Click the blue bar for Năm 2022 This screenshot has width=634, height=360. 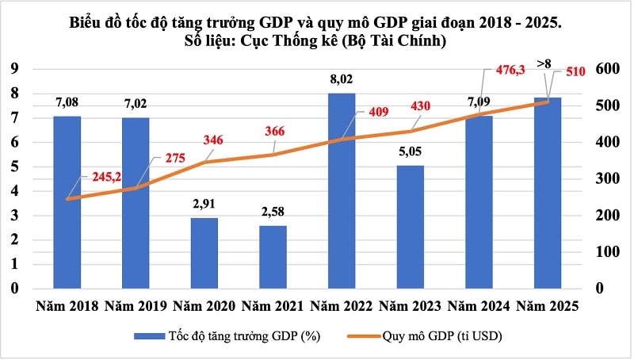click(342, 190)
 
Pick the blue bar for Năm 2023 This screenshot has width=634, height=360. click(411, 226)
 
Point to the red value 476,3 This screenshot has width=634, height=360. click(501, 71)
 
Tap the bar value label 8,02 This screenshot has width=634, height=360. click(342, 80)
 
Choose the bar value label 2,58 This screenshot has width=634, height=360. click(273, 213)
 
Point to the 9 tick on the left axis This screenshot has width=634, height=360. click(14, 69)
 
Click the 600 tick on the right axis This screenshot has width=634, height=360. click(607, 69)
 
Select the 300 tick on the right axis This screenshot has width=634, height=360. click(607, 178)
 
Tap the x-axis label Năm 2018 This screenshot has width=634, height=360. click(66, 306)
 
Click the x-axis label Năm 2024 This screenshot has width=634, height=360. click(479, 306)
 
